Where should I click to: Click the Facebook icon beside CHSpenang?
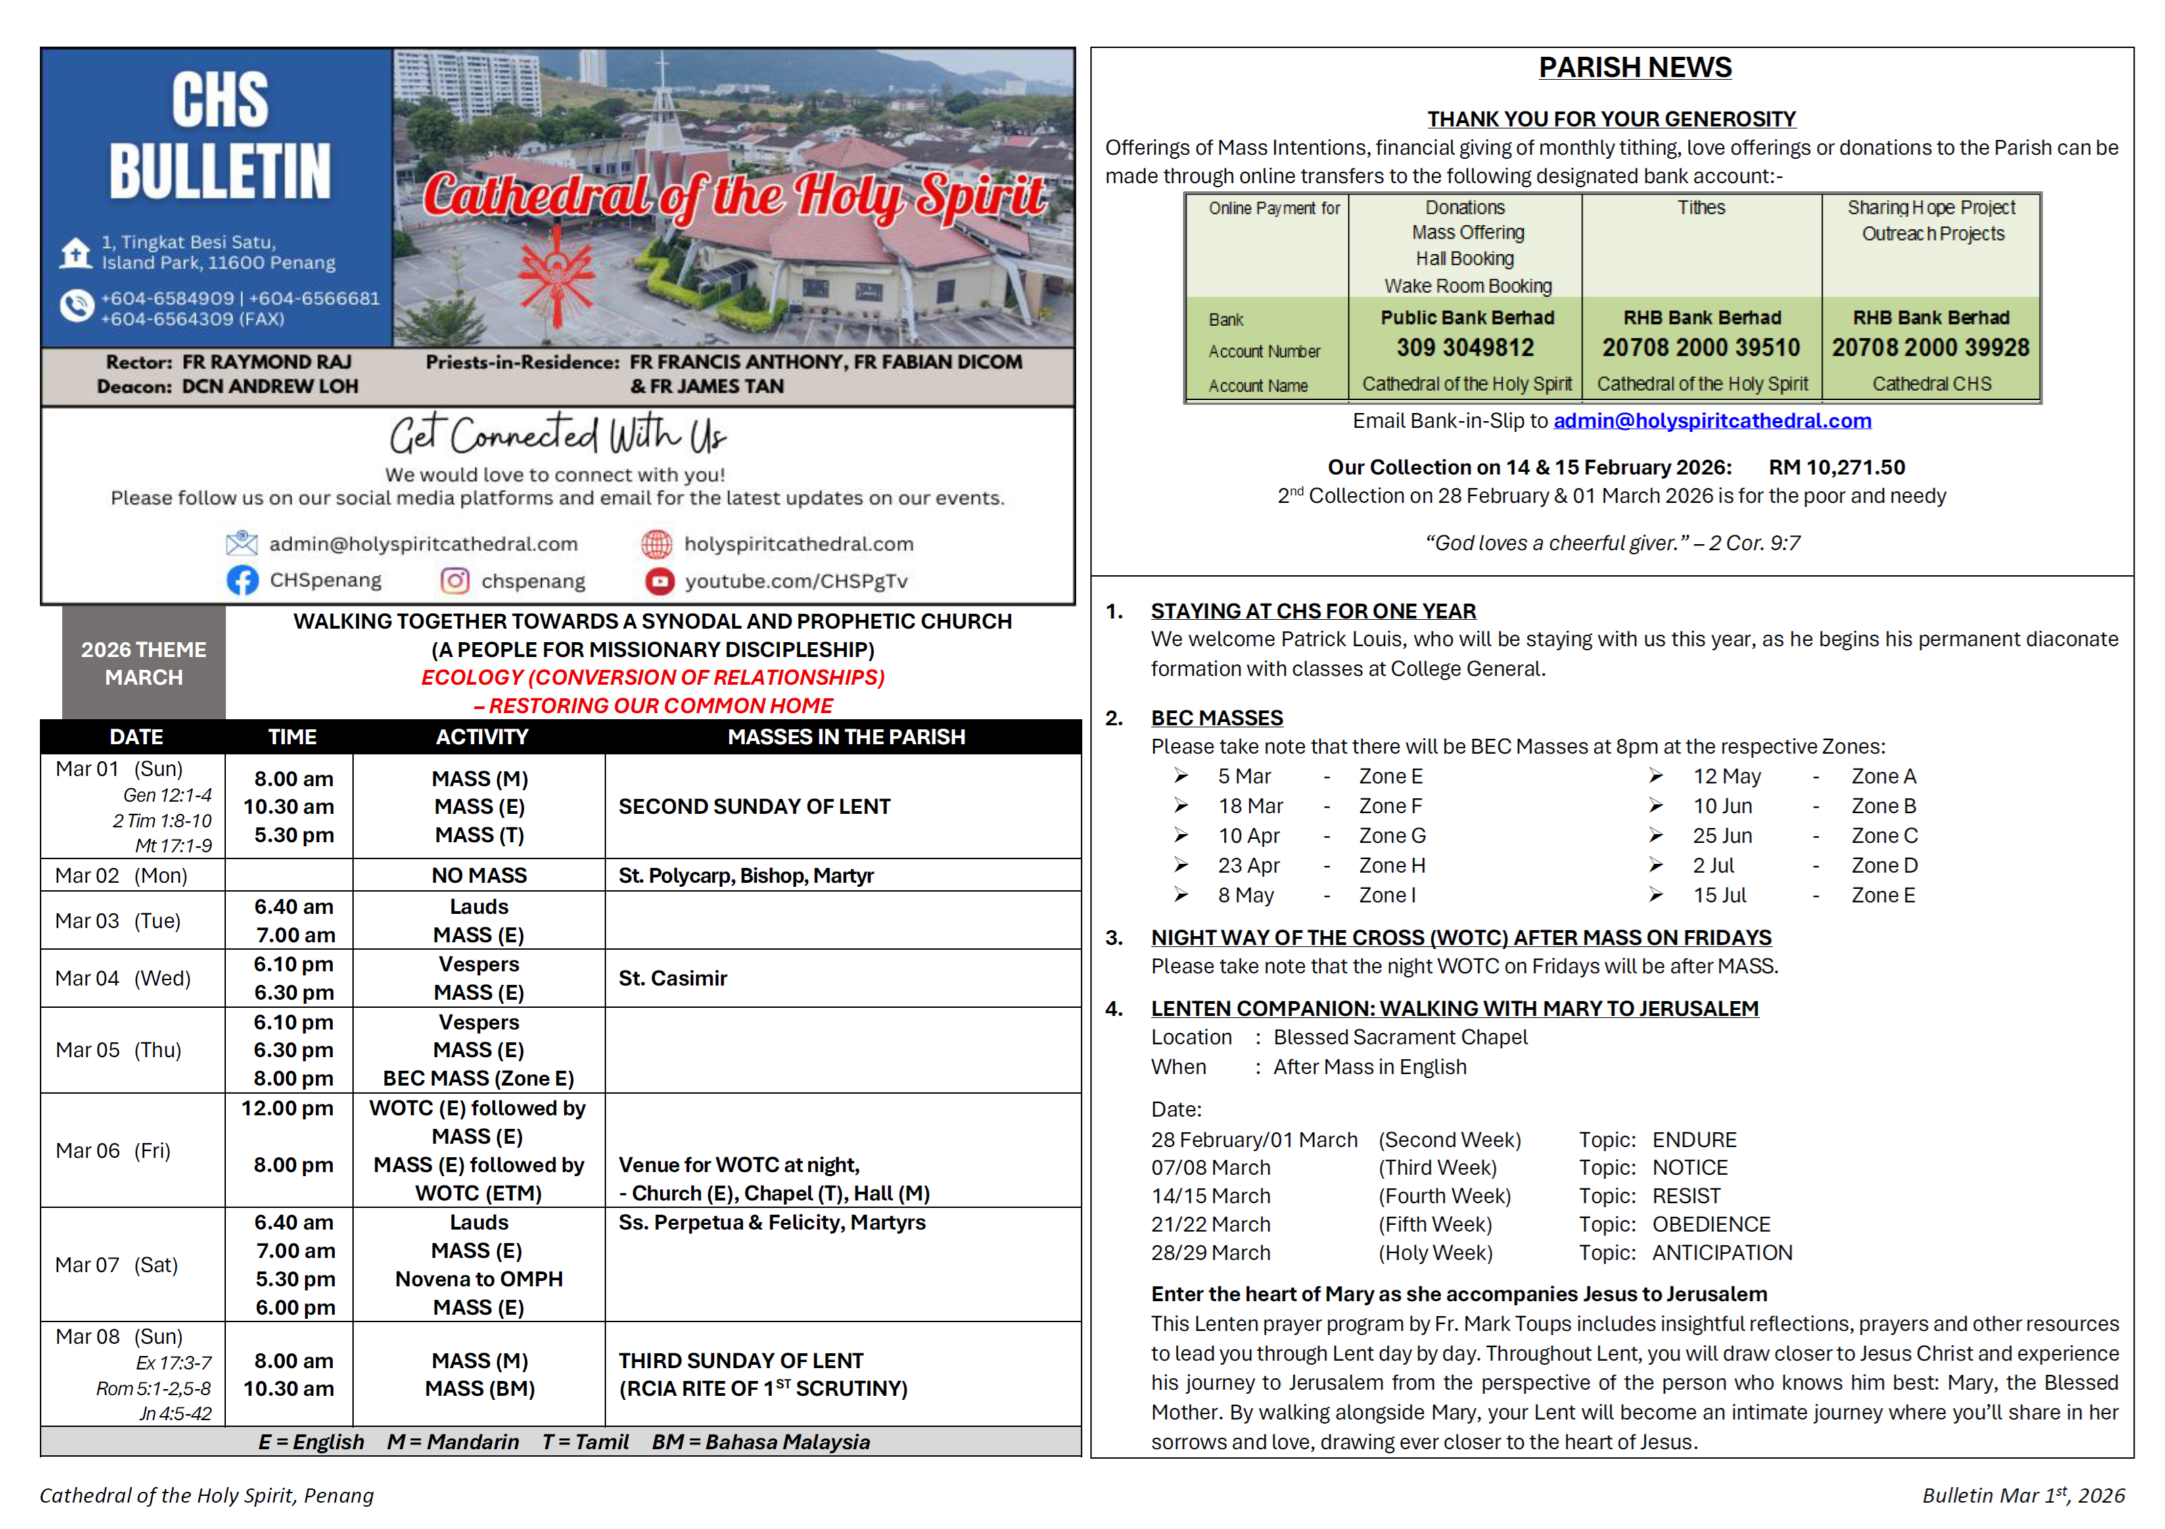[242, 581]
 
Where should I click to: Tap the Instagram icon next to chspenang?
[455, 581]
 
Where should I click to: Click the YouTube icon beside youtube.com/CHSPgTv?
[659, 581]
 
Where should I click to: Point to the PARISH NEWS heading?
[1634, 68]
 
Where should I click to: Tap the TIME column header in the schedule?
[292, 737]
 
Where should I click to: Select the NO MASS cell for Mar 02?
[479, 876]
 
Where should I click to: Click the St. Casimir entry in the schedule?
[672, 979]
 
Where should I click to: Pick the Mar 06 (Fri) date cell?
[113, 1151]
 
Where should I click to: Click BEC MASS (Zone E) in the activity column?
[478, 1078]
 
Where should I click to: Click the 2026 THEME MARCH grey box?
[143, 664]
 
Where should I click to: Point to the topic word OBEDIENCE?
[1710, 1225]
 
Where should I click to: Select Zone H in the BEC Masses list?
[1392, 865]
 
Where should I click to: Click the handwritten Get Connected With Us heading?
[557, 435]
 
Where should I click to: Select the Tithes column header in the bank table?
[1701, 208]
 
